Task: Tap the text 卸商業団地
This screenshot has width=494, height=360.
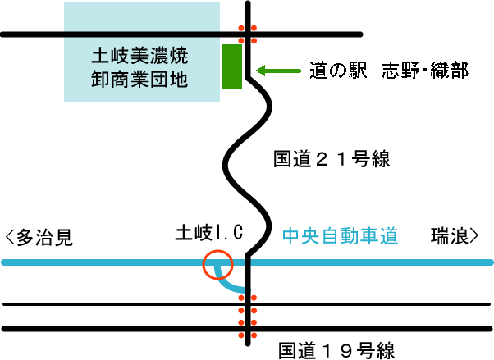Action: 140,80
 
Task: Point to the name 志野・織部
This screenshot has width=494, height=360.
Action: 425,71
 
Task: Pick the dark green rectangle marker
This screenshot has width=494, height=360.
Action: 231,66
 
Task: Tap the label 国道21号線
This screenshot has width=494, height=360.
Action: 332,160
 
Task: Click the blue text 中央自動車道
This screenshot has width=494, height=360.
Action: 340,236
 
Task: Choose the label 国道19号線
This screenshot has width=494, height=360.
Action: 336,351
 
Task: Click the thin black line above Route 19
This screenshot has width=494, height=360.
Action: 123,305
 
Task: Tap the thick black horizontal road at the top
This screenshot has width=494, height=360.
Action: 123,34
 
